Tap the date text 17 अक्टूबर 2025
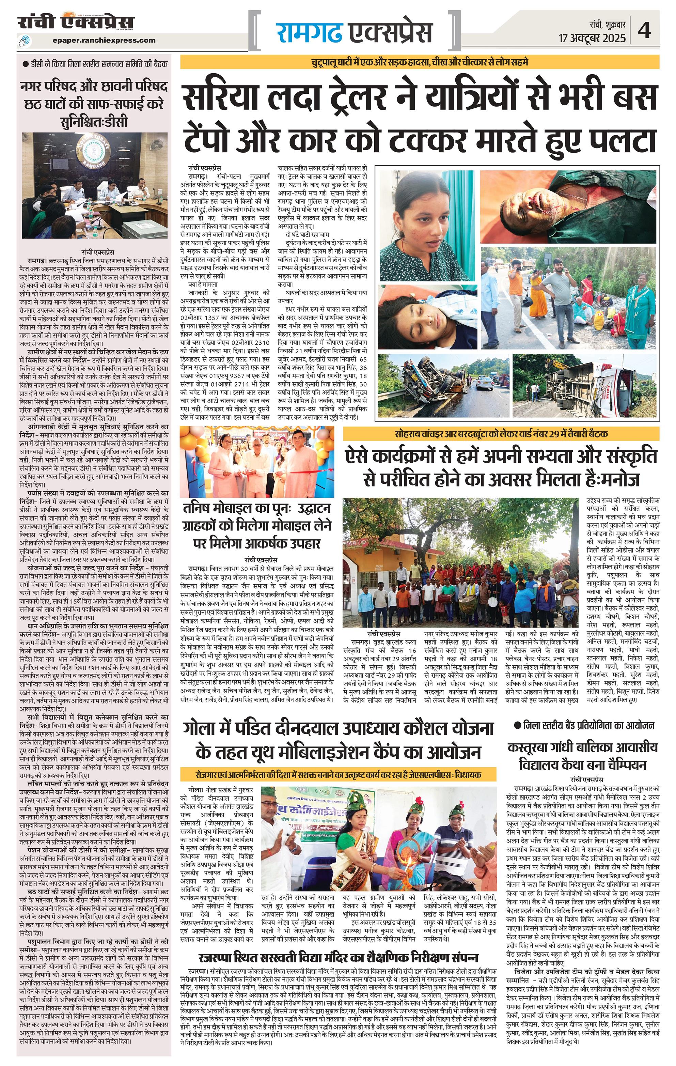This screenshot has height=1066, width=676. pos(592,38)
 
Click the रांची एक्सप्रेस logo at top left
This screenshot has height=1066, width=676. pos(76,22)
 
